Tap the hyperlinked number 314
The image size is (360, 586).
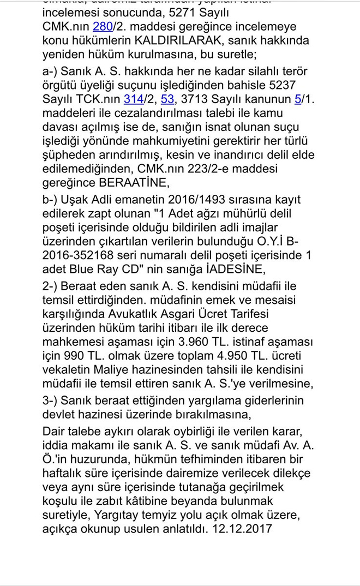133,99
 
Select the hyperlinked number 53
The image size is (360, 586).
167,99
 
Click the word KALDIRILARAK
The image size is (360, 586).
172,40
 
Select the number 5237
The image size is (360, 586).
283,85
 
